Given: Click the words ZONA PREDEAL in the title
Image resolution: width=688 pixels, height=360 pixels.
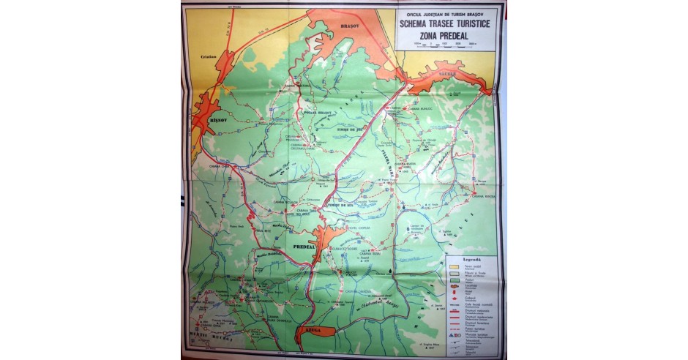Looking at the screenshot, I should pyautogui.click(x=446, y=34).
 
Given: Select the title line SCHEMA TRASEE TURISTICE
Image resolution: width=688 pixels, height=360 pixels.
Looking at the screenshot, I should pyautogui.click(x=446, y=22).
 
